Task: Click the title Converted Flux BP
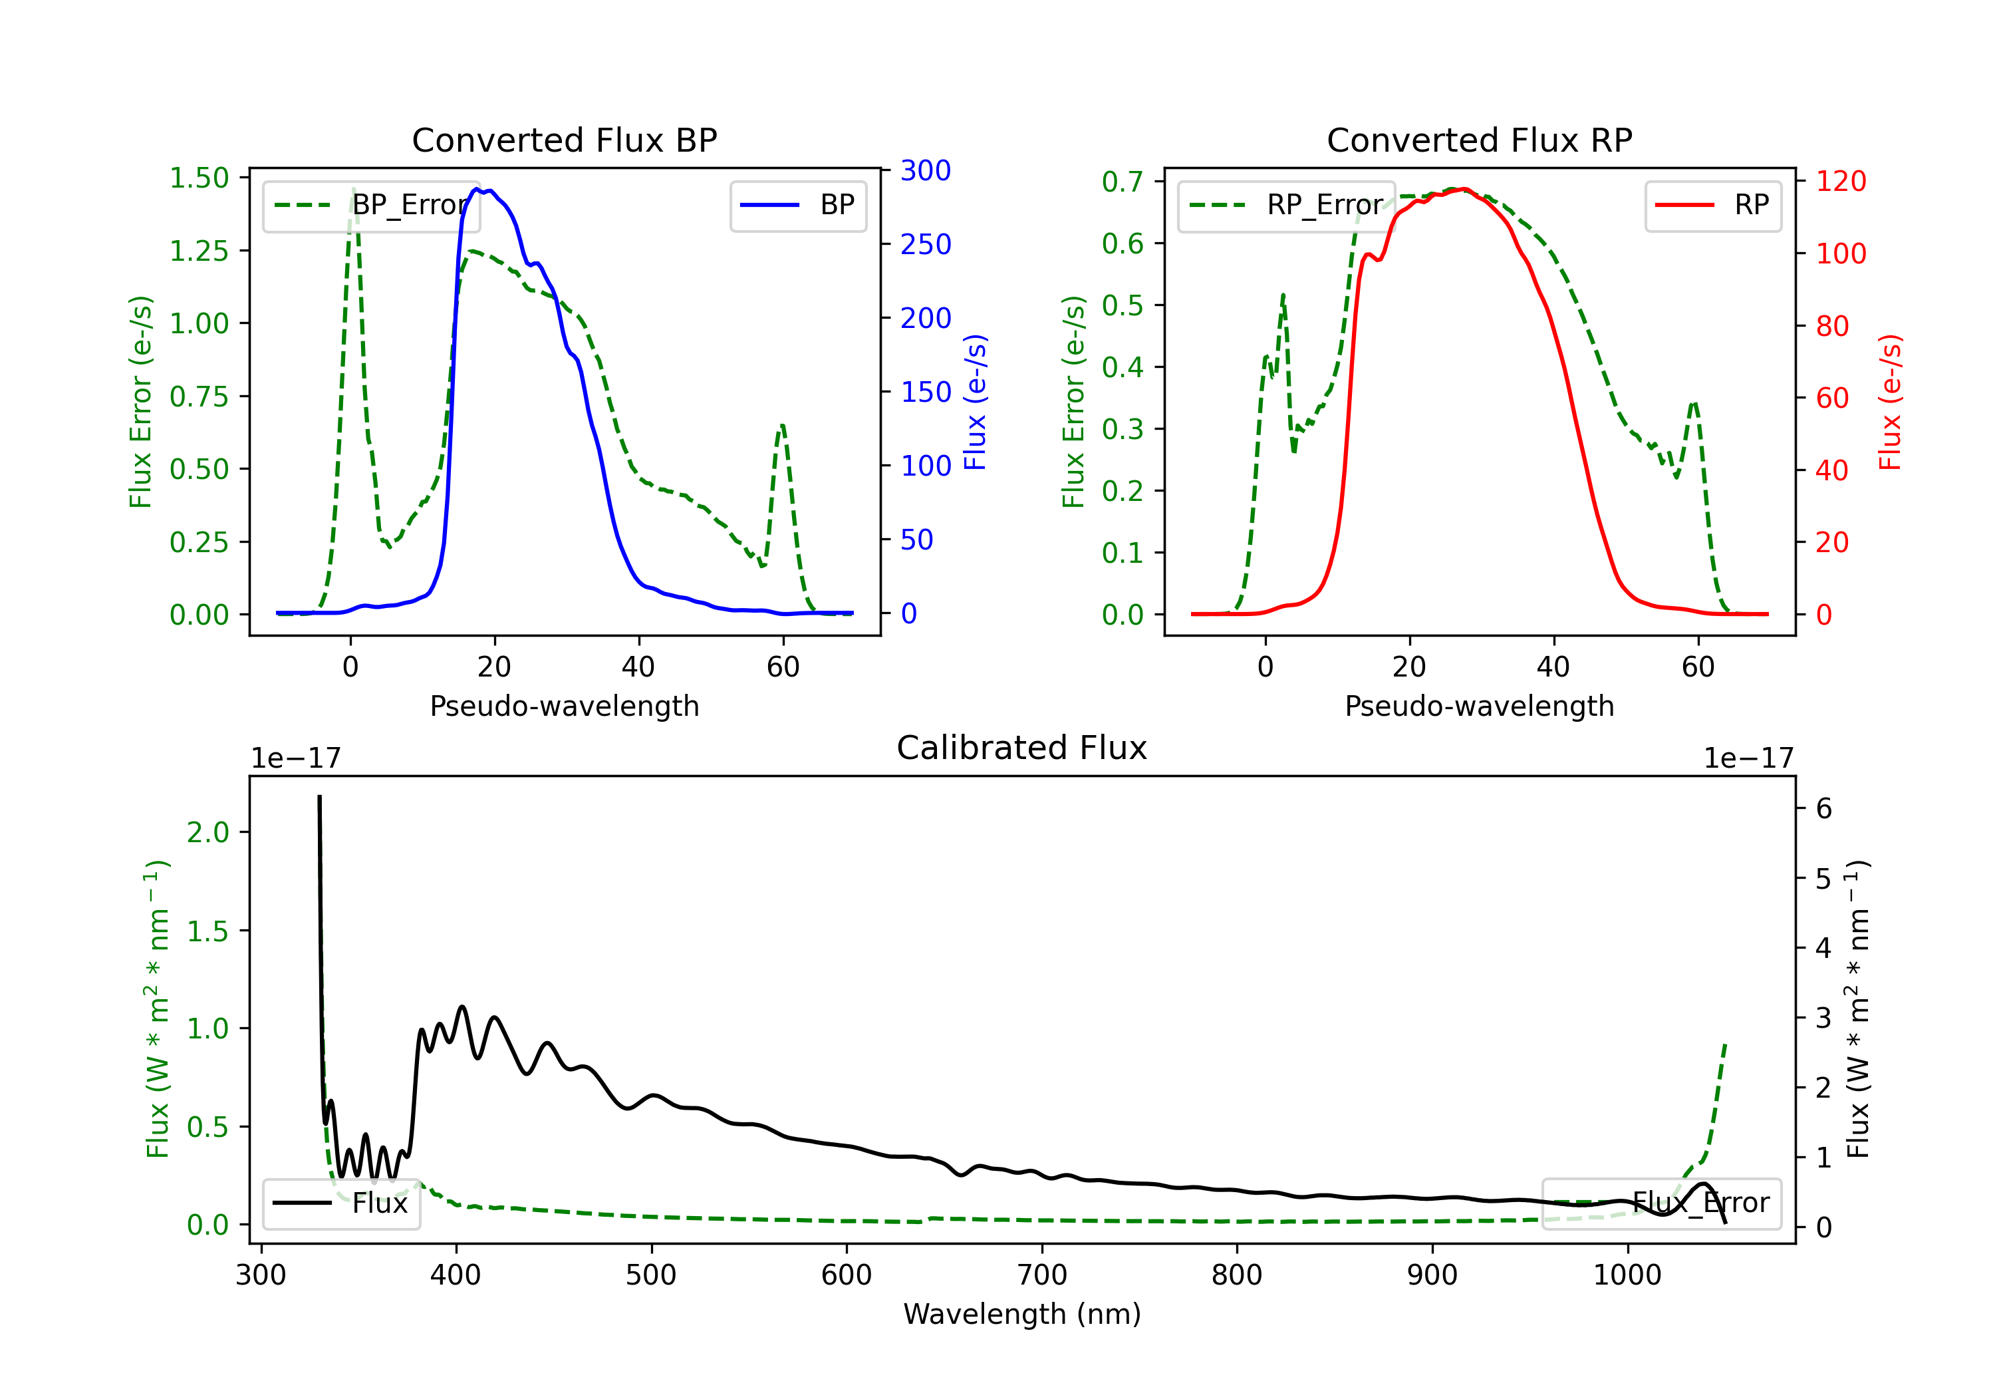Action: pyautogui.click(x=564, y=140)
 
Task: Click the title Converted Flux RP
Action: pyautogui.click(x=1479, y=140)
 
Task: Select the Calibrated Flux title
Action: pyautogui.click(x=1022, y=748)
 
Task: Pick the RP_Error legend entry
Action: pyautogui.click(x=1286, y=205)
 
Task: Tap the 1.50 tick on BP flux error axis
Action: pyautogui.click(x=199, y=178)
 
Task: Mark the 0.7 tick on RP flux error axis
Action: pyautogui.click(x=1123, y=182)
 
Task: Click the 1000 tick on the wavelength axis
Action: pyautogui.click(x=1627, y=1275)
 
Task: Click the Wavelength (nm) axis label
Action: pyautogui.click(x=1022, y=1315)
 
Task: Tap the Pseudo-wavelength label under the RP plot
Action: pyautogui.click(x=1479, y=706)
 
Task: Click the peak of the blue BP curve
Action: pyautogui.click(x=476, y=189)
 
